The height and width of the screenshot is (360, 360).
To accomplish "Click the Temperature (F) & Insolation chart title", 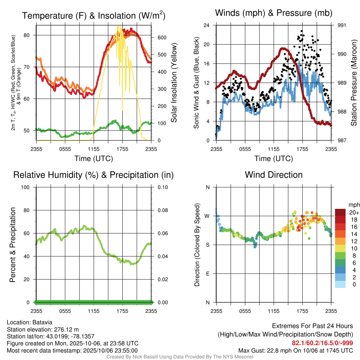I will (x=94, y=16).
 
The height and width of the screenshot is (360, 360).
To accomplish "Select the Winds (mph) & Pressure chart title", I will (x=274, y=13).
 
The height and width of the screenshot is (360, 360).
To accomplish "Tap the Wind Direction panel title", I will (x=274, y=175).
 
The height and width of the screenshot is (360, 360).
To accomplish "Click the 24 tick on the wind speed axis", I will (x=207, y=25).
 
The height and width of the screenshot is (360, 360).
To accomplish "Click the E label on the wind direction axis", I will (x=207, y=274).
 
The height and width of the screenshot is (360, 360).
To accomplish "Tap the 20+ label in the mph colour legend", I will (x=354, y=213).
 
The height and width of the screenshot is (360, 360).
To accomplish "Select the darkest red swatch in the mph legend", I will (x=340, y=212).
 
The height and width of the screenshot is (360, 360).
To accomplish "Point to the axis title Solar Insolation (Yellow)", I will (x=174, y=83).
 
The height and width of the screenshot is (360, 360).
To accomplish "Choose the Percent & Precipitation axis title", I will (x=13, y=245).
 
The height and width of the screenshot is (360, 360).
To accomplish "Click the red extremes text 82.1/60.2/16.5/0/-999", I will (x=322, y=343).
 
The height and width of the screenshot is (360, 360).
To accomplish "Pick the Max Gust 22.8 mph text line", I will (x=295, y=350).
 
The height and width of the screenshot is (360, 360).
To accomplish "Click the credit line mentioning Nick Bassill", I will (x=180, y=357).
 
